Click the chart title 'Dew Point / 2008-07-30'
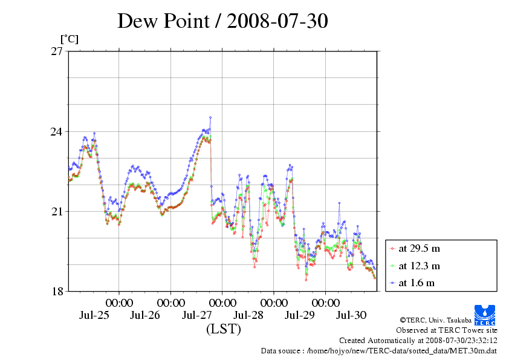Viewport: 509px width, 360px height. pyautogui.click(x=222, y=22)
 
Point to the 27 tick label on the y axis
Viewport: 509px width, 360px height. pyautogui.click(x=56, y=51)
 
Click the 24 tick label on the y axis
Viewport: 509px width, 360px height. pyautogui.click(x=56, y=131)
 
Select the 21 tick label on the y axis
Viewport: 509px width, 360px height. pyautogui.click(x=56, y=211)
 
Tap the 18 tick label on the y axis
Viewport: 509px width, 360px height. pyautogui.click(x=56, y=291)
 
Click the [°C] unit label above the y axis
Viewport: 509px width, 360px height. pyautogui.click(x=69, y=39)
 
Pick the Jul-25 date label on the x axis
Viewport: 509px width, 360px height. pyautogui.click(x=94, y=315)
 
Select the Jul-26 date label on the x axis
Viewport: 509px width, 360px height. pyautogui.click(x=145, y=315)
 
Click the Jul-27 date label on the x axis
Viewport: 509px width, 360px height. pyautogui.click(x=197, y=315)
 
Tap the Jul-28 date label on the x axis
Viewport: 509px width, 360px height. pyautogui.click(x=248, y=315)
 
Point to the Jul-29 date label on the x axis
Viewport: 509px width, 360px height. pyautogui.click(x=300, y=315)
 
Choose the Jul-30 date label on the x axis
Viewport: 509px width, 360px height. pyautogui.click(x=351, y=315)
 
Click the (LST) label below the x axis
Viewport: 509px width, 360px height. pyautogui.click(x=223, y=330)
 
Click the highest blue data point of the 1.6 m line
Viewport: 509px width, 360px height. pyautogui.click(x=210, y=117)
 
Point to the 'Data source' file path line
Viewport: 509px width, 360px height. pyautogui.click(x=379, y=350)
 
